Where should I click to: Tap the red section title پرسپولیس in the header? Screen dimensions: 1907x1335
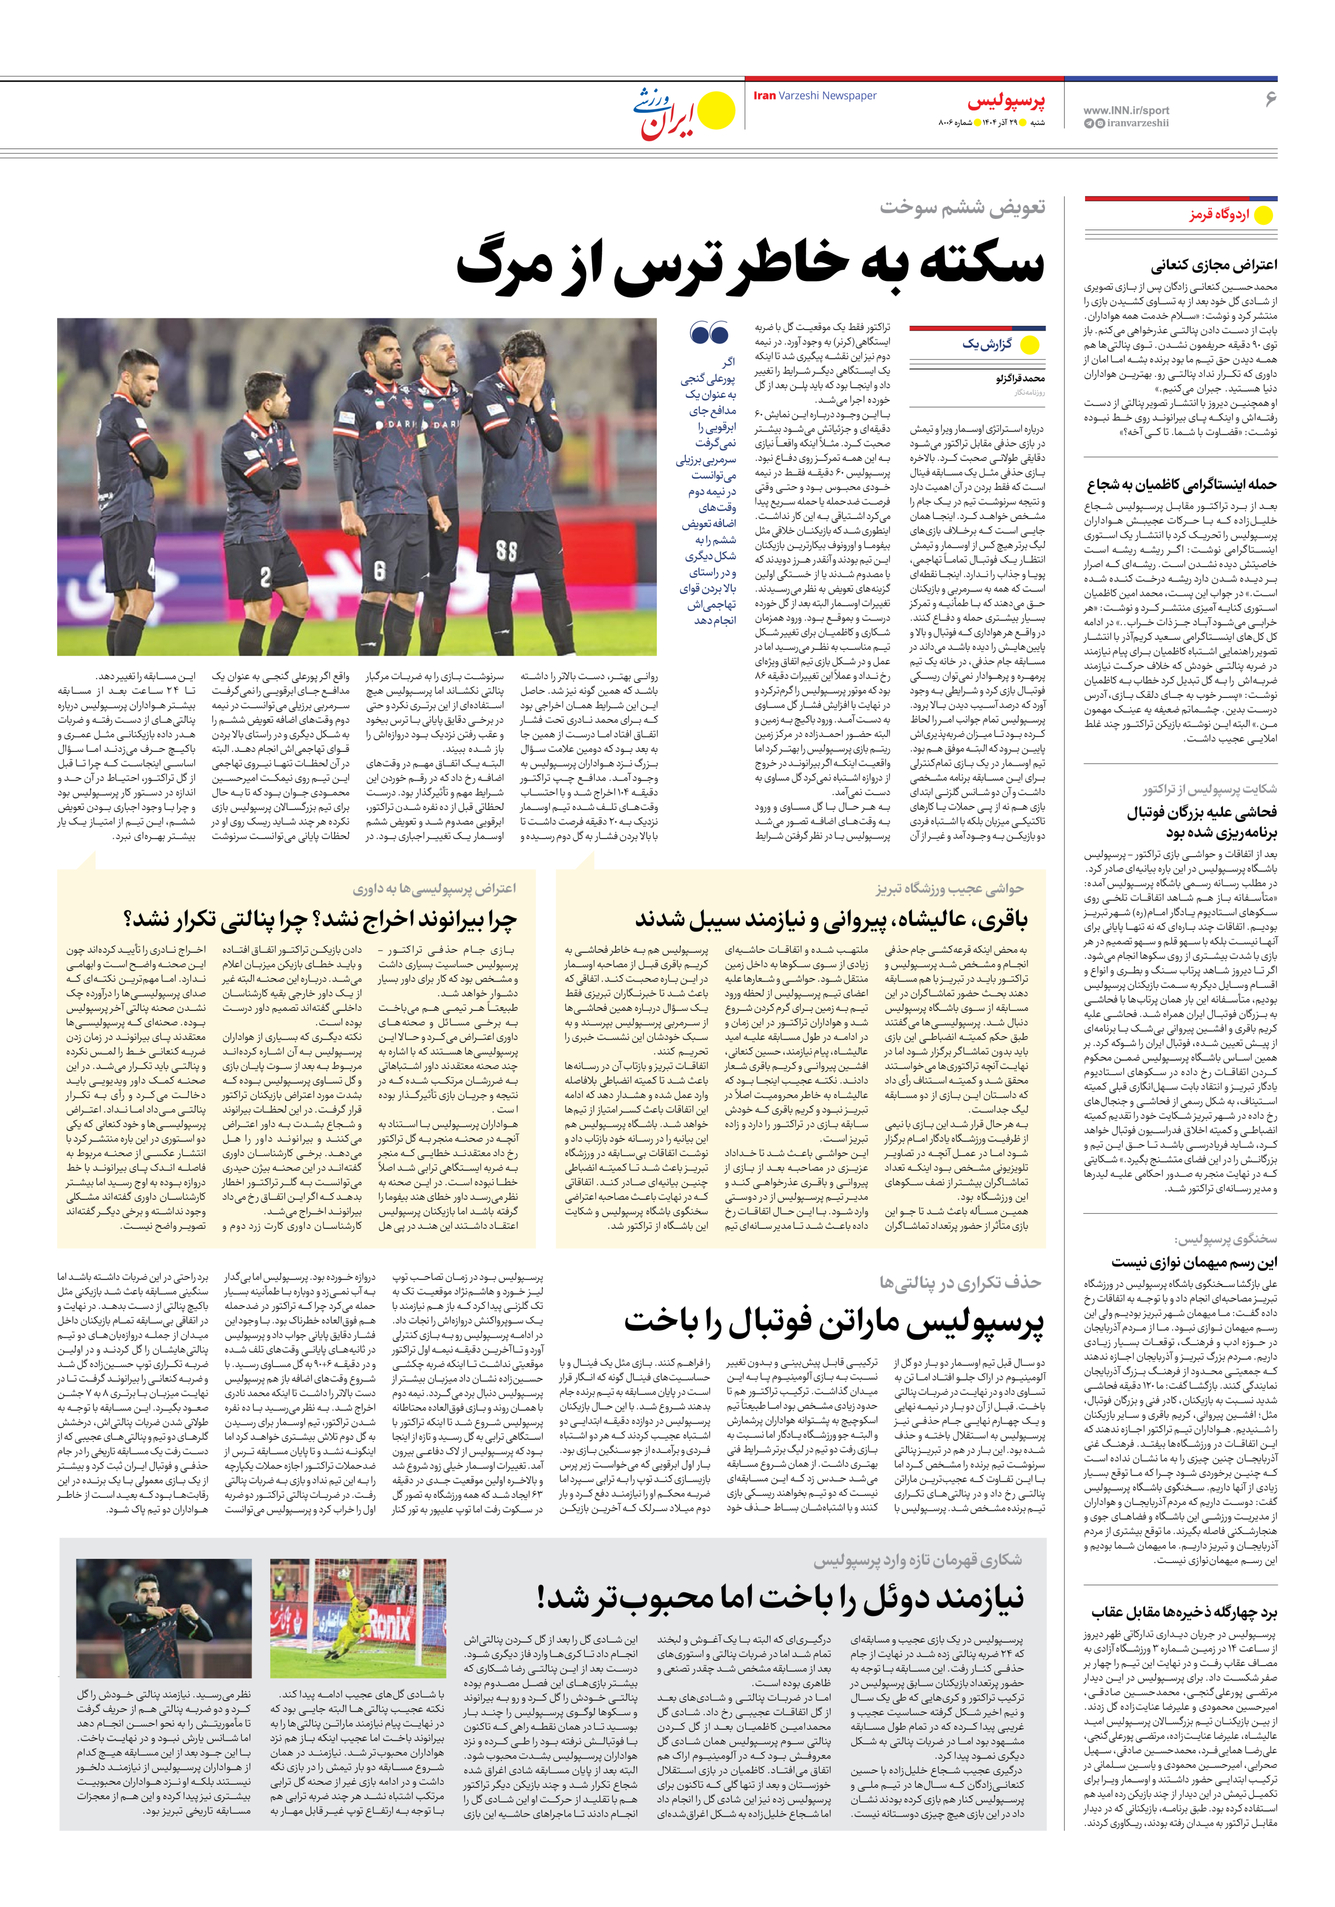1006,102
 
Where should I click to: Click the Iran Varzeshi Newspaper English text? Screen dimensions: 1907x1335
814,96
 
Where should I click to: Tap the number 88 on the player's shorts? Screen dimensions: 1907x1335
506,551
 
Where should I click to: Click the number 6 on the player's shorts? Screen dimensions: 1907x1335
379,570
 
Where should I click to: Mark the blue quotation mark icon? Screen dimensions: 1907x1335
709,334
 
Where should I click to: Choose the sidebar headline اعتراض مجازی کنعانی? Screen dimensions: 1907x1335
1214,266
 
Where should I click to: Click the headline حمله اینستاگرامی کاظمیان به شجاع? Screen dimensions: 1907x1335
1182,485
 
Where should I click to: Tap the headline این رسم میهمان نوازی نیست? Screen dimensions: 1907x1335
1195,1262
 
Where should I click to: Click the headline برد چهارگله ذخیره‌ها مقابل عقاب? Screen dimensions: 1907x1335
1184,1613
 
